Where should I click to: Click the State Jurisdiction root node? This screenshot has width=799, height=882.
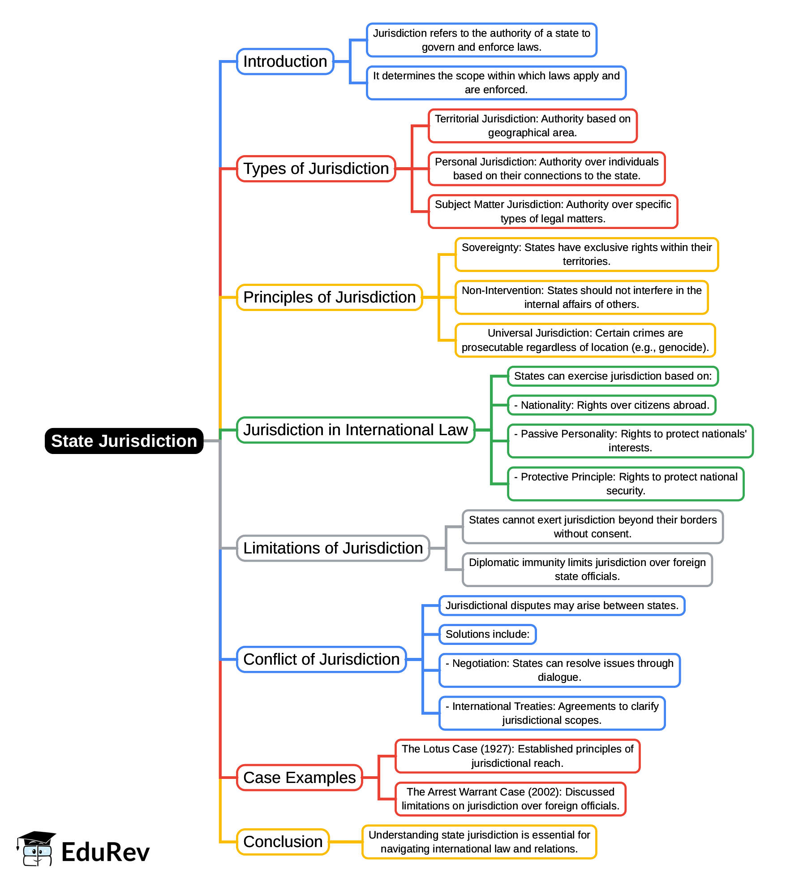click(124, 441)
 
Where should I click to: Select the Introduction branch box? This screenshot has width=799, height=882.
click(285, 61)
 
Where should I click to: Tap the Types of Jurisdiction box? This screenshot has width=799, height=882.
click(316, 169)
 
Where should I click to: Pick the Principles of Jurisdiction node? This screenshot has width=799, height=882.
click(329, 297)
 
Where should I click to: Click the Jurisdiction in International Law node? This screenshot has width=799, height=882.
click(355, 430)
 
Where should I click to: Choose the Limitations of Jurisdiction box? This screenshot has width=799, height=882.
click(333, 548)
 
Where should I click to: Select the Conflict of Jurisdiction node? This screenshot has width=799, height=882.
click(321, 659)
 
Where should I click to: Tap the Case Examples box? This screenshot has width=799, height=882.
click(299, 778)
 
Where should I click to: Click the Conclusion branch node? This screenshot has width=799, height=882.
click(283, 842)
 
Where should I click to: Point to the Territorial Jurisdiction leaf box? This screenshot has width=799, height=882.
click(533, 126)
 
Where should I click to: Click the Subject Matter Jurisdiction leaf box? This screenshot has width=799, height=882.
click(553, 212)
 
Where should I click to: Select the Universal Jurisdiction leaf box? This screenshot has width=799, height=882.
click(585, 340)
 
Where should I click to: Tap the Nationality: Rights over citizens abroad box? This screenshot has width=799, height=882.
click(612, 405)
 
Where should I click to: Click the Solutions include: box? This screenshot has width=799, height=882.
click(487, 634)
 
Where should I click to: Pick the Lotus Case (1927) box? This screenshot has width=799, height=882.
click(517, 756)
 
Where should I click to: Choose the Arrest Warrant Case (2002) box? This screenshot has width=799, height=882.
click(510, 799)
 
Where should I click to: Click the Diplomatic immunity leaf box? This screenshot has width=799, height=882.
click(587, 569)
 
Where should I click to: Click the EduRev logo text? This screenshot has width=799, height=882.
click(105, 852)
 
